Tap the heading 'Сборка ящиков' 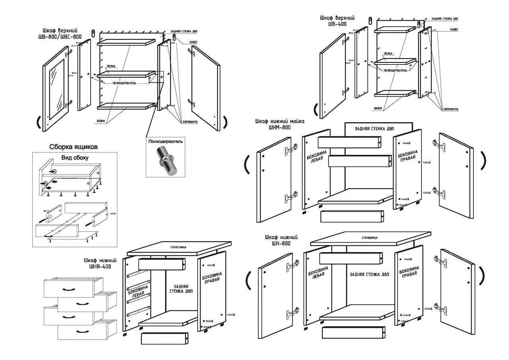point(74,147)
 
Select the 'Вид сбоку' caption point(75,158)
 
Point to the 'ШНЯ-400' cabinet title point(97,263)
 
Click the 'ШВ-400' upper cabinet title point(337,21)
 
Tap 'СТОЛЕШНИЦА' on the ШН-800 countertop point(370,237)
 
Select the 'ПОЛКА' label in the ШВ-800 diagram point(111,66)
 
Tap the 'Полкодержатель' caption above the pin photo point(165,141)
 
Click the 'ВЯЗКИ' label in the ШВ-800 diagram point(101,121)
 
